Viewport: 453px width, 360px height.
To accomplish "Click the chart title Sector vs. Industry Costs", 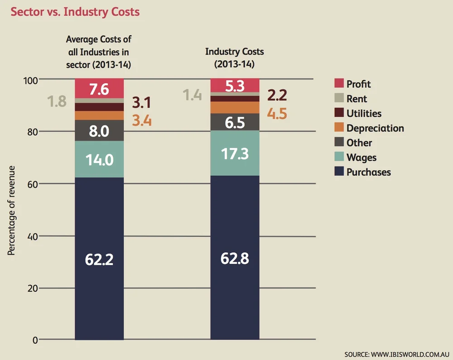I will click(x=75, y=12).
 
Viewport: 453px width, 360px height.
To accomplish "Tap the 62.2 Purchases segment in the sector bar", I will click(x=99, y=259).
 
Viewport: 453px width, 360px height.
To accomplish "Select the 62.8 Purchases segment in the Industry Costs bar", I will click(x=235, y=258).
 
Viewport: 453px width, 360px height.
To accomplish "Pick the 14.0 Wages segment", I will click(x=99, y=159).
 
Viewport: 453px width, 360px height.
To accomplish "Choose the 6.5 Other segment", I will click(x=235, y=122).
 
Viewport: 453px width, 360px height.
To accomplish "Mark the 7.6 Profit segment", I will click(x=99, y=88).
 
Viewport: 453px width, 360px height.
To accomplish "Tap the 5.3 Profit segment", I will click(x=235, y=85).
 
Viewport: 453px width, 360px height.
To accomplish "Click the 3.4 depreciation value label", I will click(x=142, y=120).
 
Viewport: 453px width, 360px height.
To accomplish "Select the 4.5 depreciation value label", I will click(x=277, y=113).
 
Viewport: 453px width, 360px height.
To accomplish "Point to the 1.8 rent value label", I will click(x=58, y=101).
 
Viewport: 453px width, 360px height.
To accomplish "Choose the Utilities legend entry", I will click(x=364, y=113).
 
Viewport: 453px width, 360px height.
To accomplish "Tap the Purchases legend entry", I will click(x=368, y=172).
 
